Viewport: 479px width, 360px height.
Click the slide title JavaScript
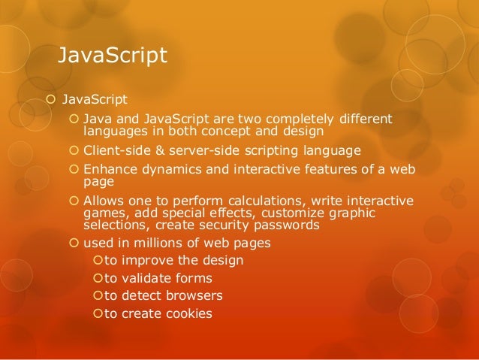coord(113,56)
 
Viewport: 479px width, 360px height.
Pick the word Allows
coord(104,200)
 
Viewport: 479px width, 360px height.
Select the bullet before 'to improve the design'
coord(96,261)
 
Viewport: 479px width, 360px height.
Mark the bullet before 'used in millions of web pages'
coord(73,243)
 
